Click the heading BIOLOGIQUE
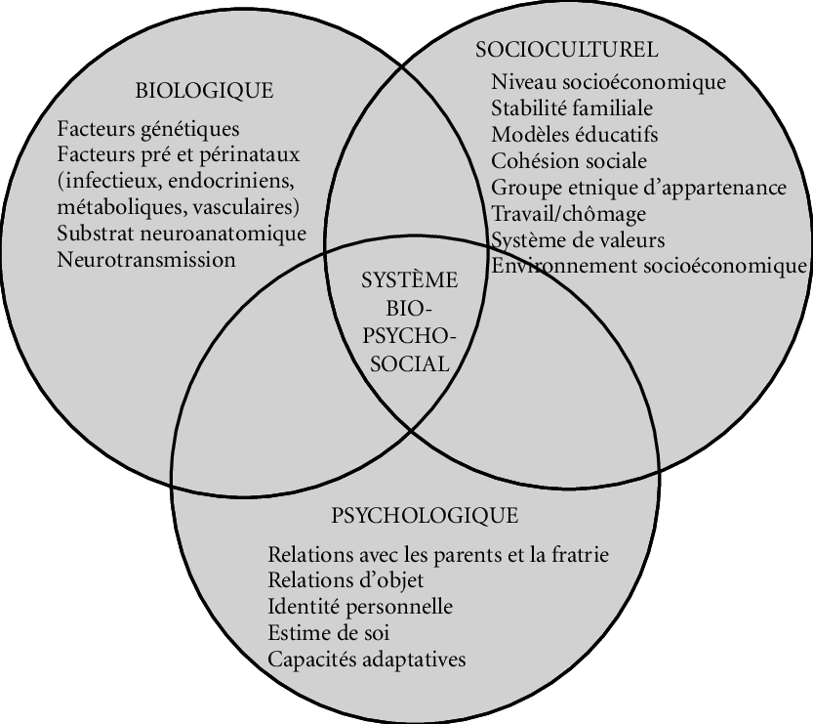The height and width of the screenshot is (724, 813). (x=203, y=92)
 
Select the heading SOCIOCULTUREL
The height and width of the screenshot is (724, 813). (x=566, y=49)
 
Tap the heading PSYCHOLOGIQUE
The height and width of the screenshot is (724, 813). (x=425, y=515)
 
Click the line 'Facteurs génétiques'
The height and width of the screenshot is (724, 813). (x=148, y=129)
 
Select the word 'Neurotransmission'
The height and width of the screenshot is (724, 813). (x=146, y=260)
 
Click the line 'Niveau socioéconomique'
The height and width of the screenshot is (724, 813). (x=609, y=82)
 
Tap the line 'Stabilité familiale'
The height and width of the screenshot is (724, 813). (x=572, y=108)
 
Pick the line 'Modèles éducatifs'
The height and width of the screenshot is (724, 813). (x=575, y=135)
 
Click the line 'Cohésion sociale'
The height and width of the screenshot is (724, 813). (x=569, y=161)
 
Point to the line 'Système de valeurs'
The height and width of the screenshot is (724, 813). (x=579, y=239)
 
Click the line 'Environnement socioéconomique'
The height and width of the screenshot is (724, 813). (x=650, y=266)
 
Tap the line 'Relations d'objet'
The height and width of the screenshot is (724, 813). (x=332, y=580)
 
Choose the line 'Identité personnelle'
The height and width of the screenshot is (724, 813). (x=359, y=607)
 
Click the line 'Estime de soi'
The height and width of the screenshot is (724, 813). (x=325, y=633)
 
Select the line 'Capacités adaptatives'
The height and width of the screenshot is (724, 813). (x=366, y=660)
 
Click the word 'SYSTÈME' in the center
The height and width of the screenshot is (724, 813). (x=409, y=279)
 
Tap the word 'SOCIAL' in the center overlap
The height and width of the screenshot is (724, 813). (x=409, y=364)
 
